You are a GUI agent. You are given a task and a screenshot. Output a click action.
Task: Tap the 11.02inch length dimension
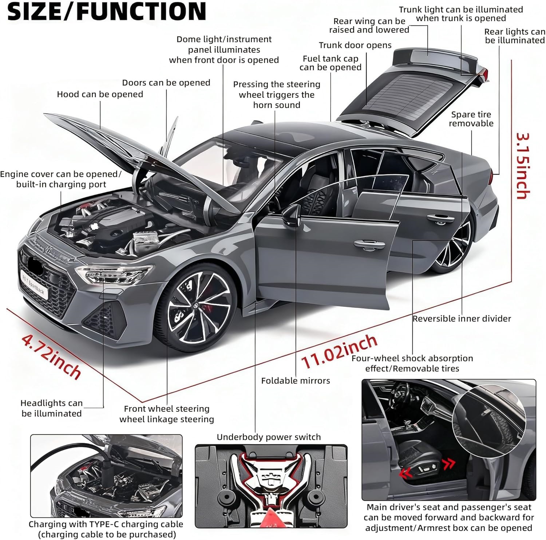(x=339, y=351)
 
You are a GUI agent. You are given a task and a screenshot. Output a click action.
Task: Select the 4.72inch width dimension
(x=51, y=355)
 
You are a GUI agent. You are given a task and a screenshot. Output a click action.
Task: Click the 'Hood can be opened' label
(x=100, y=94)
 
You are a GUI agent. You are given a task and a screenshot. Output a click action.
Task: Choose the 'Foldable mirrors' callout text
(x=295, y=381)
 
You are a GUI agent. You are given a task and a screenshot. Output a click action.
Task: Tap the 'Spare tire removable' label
(x=471, y=119)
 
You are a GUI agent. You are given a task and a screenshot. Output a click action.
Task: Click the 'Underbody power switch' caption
(x=269, y=437)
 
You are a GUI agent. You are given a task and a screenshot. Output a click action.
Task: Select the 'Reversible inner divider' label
(x=462, y=319)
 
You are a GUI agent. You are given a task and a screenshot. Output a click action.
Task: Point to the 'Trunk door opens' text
(x=355, y=45)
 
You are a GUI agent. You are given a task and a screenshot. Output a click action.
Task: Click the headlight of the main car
(x=113, y=274)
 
